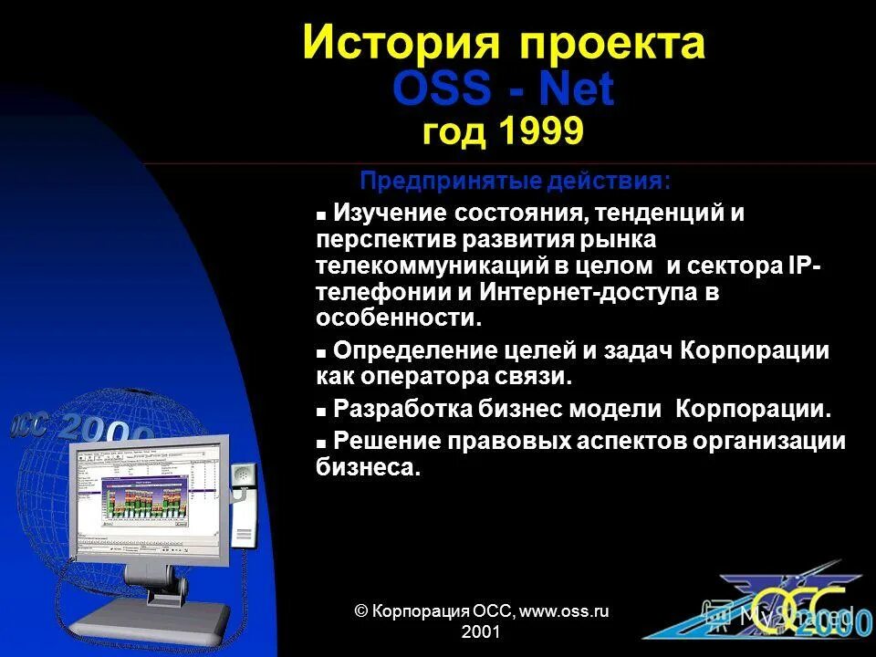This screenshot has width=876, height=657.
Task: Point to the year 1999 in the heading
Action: tap(541, 132)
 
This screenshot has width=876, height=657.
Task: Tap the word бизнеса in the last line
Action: tap(368, 467)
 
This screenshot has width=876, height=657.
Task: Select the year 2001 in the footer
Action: tap(481, 631)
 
